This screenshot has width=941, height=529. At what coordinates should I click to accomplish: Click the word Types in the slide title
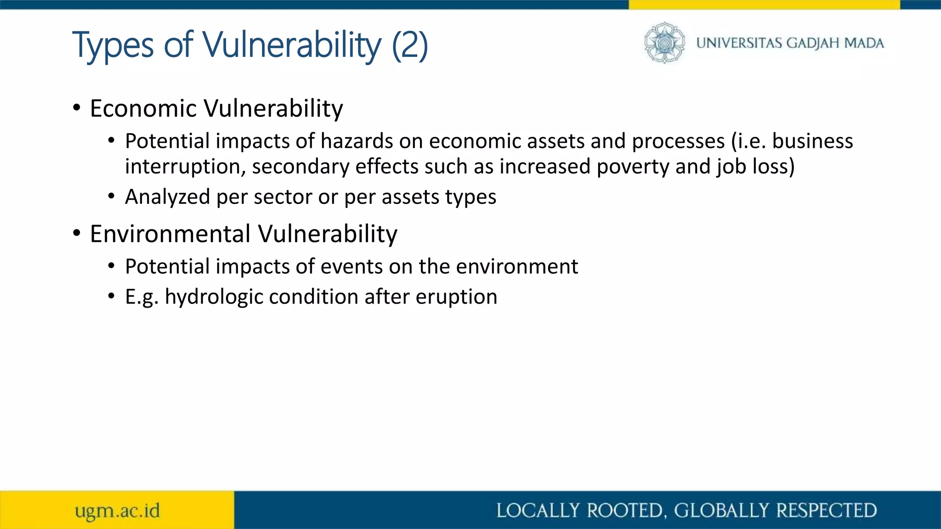click(x=113, y=45)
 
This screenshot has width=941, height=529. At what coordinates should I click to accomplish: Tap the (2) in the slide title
click(x=410, y=45)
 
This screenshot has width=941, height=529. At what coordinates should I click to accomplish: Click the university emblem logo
click(x=664, y=42)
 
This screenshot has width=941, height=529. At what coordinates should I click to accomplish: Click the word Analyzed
click(x=167, y=197)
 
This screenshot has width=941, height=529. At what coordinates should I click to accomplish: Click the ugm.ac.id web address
click(x=118, y=511)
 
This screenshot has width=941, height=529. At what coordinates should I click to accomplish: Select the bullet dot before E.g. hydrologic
click(x=111, y=297)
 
